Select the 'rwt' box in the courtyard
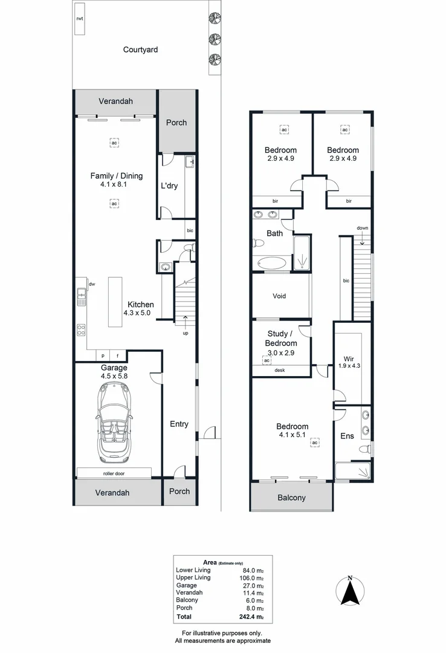(79, 19)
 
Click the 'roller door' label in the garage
(114, 473)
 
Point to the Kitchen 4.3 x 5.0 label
(139, 309)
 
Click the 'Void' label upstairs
(279, 296)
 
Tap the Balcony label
(291, 498)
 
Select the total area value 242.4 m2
(252, 617)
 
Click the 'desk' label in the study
(280, 371)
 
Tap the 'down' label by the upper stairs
(362, 228)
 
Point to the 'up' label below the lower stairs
(185, 333)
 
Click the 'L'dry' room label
(169, 186)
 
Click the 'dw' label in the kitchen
(92, 284)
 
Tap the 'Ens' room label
(347, 435)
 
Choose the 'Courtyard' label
(140, 50)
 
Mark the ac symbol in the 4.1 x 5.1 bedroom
(314, 443)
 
